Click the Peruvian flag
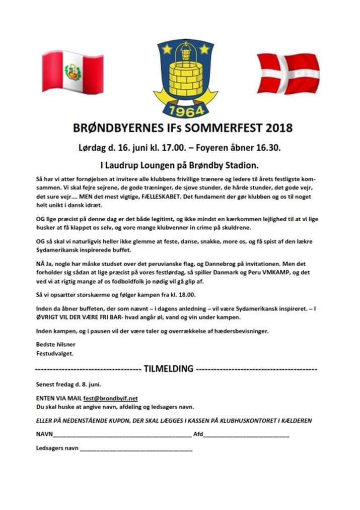pyautogui.click(x=73, y=73)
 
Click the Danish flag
pyautogui.click(x=288, y=73)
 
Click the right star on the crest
pyautogui.click(x=204, y=49)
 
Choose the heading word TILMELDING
pyautogui.click(x=168, y=368)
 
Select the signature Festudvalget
pyautogui.click(x=55, y=353)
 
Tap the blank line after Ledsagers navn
pyautogui.click(x=136, y=449)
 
